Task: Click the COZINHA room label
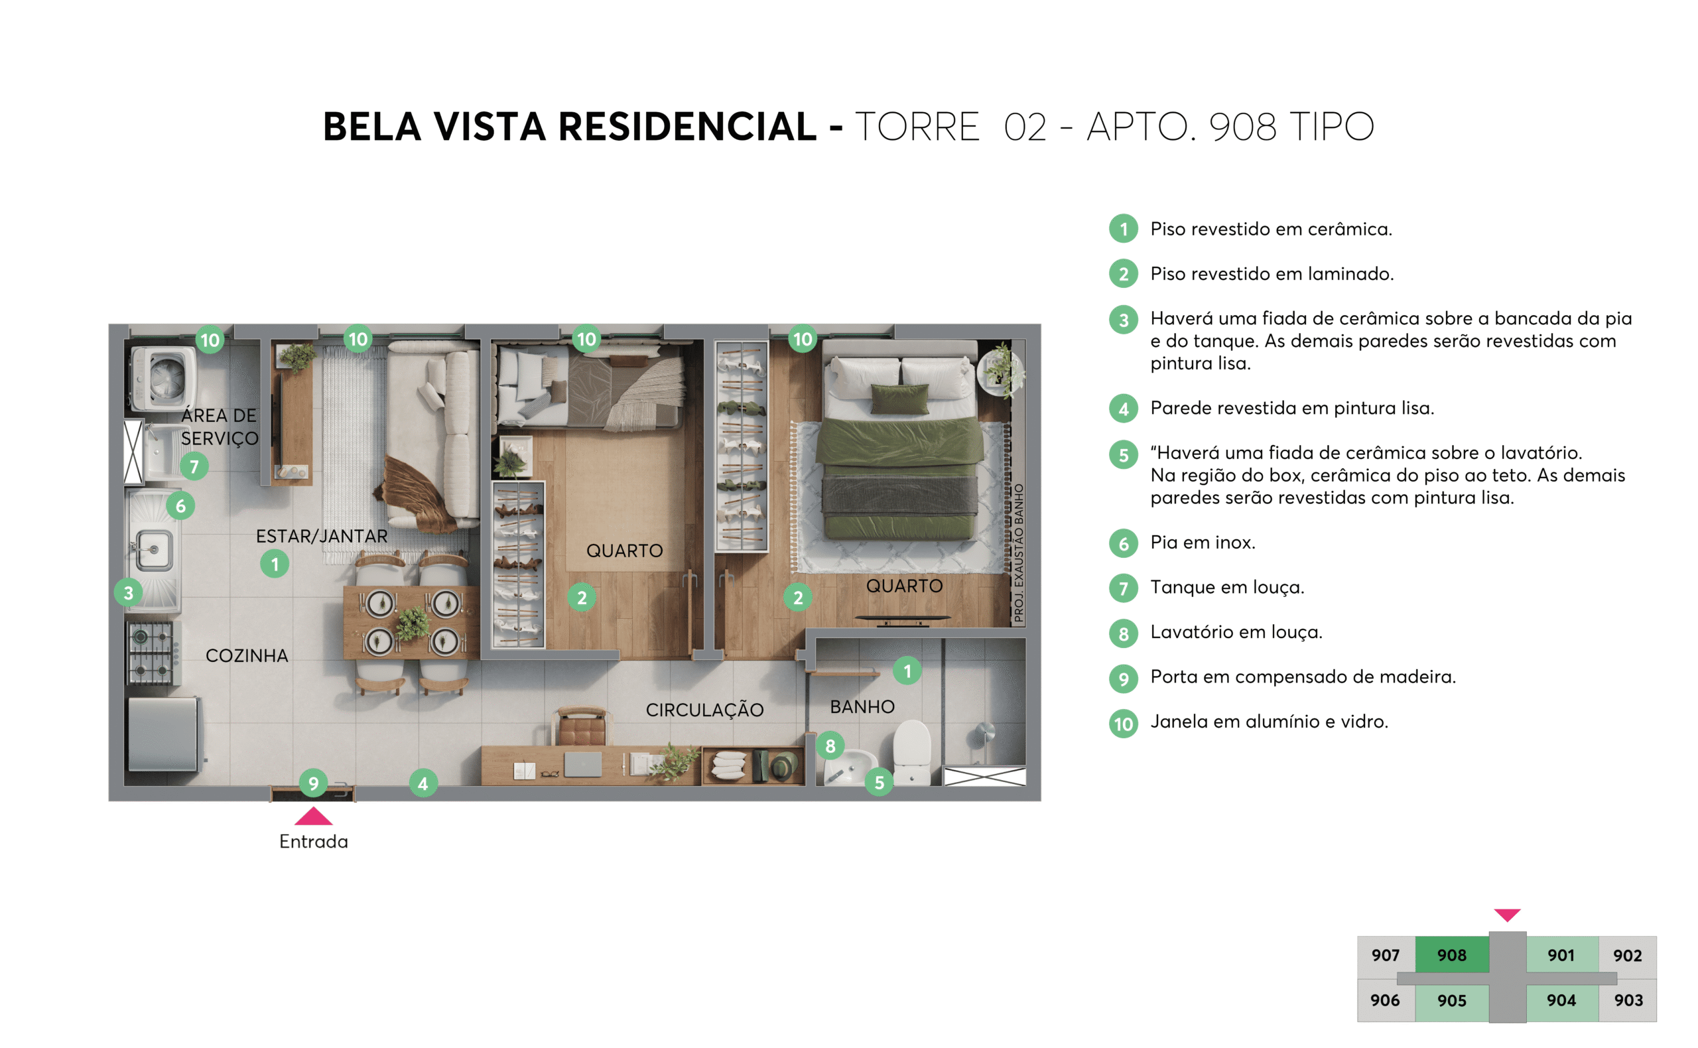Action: point(247,656)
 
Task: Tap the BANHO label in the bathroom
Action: point(862,707)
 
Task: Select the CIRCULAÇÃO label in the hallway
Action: point(704,710)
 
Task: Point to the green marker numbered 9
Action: point(313,783)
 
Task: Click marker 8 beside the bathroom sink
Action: point(830,746)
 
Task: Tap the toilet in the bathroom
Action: point(911,752)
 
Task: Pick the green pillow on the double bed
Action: point(899,399)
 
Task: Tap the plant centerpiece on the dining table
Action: point(413,622)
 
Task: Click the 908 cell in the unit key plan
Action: point(1451,955)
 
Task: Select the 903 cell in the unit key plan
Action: point(1627,1000)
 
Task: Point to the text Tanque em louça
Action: point(1226,587)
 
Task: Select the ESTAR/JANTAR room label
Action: point(322,536)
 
